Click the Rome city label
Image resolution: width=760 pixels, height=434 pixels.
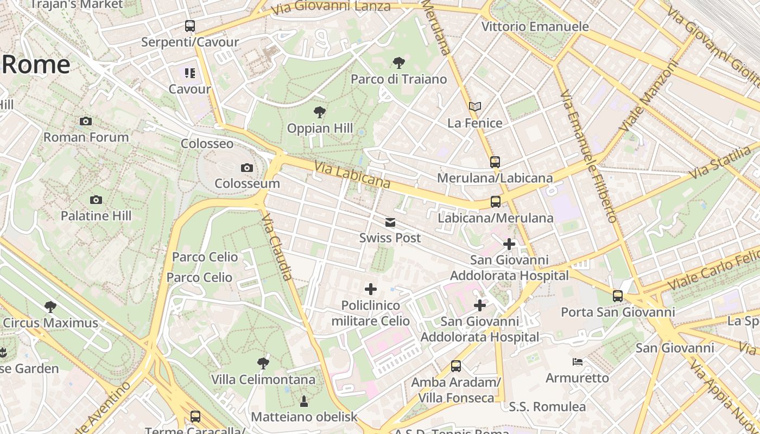pyautogui.click(x=36, y=65)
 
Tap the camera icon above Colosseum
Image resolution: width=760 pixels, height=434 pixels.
pyautogui.click(x=247, y=168)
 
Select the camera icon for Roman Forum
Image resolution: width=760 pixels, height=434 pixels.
pyautogui.click(x=86, y=122)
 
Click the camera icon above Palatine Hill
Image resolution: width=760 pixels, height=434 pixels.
pyautogui.click(x=96, y=200)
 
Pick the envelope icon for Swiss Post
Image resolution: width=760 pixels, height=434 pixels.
pyautogui.click(x=390, y=222)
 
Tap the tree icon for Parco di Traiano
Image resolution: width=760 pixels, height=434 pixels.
pyautogui.click(x=398, y=63)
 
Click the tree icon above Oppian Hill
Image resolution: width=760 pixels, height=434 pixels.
pyautogui.click(x=320, y=112)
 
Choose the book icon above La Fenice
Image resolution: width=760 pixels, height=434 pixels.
pyautogui.click(x=475, y=106)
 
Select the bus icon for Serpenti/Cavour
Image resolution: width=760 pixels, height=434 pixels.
pyautogui.click(x=189, y=25)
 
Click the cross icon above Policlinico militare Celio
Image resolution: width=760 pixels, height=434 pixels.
pyautogui.click(x=371, y=289)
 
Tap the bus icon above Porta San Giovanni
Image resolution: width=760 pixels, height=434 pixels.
pyautogui.click(x=618, y=296)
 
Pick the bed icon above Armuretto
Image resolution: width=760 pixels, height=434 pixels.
pyautogui.click(x=578, y=361)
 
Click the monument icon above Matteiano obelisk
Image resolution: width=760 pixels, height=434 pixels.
pyautogui.click(x=303, y=401)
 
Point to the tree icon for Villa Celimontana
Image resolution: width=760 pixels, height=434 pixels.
pyautogui.click(x=263, y=363)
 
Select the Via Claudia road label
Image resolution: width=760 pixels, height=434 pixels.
pyautogui.click(x=277, y=246)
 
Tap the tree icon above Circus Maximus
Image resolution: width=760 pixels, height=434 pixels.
pyautogui.click(x=50, y=307)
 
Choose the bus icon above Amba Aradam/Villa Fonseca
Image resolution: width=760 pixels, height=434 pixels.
pyautogui.click(x=456, y=366)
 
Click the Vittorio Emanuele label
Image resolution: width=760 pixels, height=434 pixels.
pyautogui.click(x=535, y=27)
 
